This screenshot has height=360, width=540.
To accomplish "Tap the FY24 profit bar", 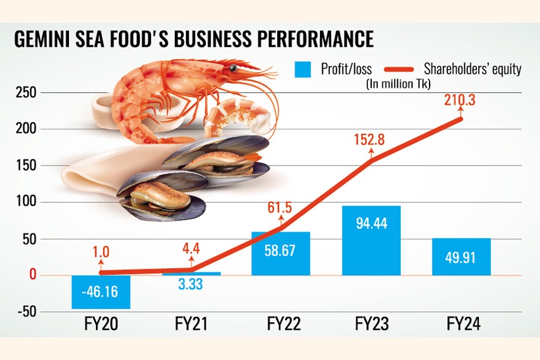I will pyautogui.click(x=461, y=256).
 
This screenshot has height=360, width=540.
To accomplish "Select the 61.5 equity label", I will pyautogui.click(x=277, y=208).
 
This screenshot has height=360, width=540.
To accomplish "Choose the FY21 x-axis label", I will pyautogui.click(x=191, y=325).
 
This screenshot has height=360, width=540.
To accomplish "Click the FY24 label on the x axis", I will pyautogui.click(x=461, y=325).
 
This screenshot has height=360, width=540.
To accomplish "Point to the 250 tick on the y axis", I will pyautogui.click(x=27, y=93).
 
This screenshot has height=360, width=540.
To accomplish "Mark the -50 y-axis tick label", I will pyautogui.click(x=27, y=312).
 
